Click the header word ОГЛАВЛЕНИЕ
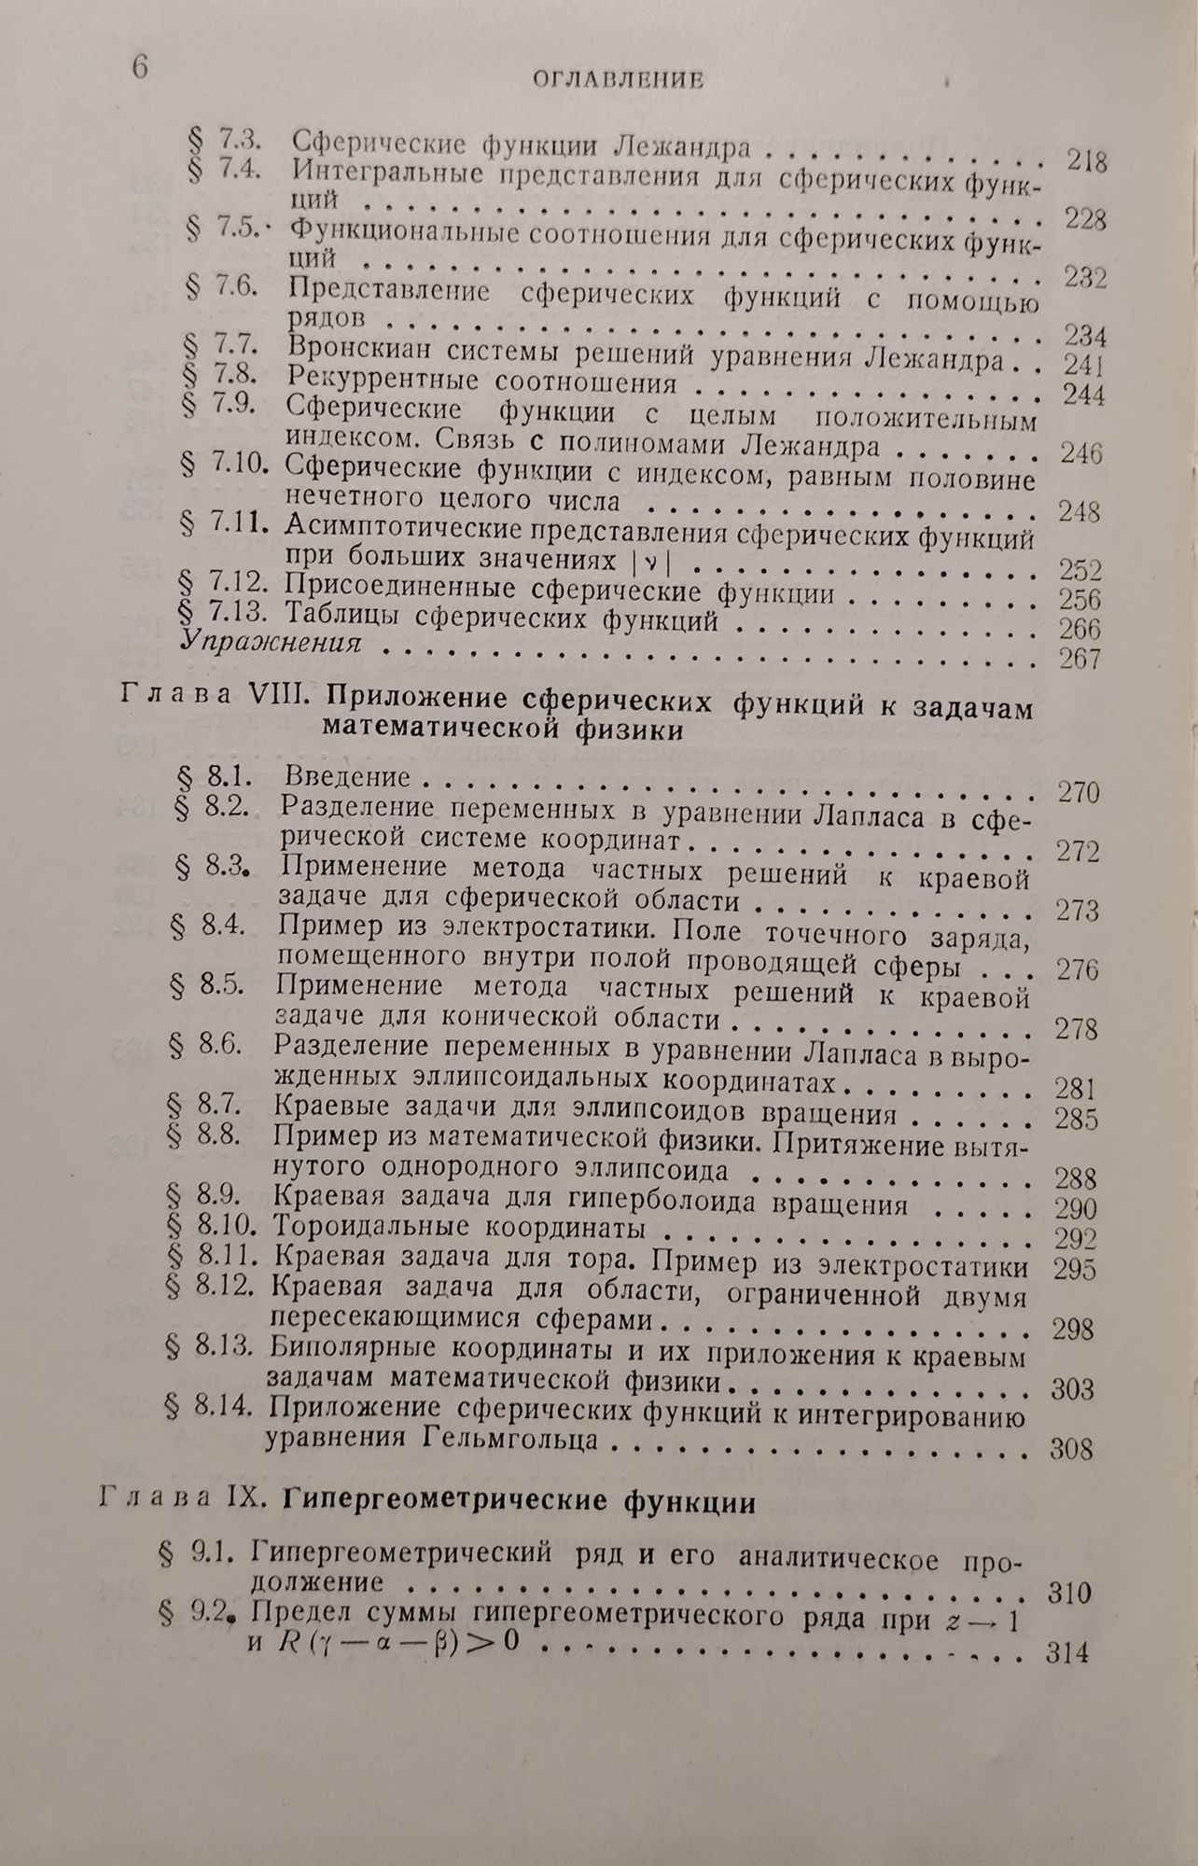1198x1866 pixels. (x=618, y=81)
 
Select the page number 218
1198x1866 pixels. (x=1087, y=162)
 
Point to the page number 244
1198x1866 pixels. (x=1083, y=396)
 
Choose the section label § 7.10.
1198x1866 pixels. (x=225, y=467)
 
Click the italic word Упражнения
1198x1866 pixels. (x=270, y=642)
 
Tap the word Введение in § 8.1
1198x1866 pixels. (x=347, y=776)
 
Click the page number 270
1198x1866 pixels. (x=1078, y=793)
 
